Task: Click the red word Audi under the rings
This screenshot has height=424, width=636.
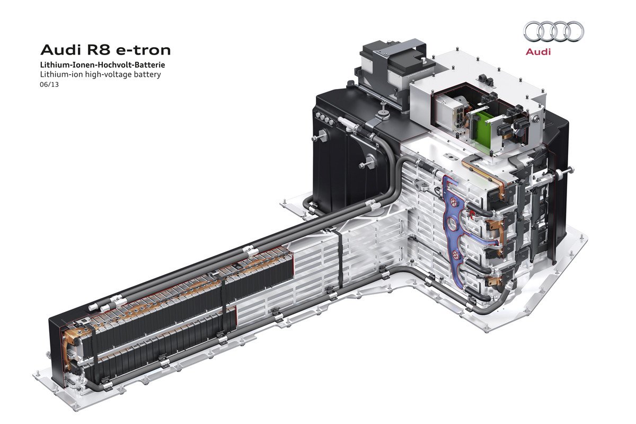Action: coord(538,52)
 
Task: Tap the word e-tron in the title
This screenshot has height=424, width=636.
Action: coord(143,50)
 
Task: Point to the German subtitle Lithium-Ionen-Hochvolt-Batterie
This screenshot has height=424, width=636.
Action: coord(102,65)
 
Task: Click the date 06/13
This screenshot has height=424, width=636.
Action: coord(49,85)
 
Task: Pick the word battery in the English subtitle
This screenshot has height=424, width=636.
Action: coord(148,75)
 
